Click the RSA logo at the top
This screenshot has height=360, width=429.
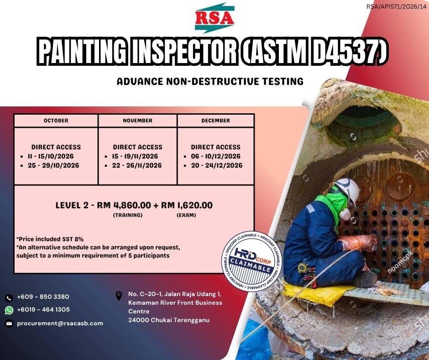214,18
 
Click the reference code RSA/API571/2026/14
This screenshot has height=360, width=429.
397,6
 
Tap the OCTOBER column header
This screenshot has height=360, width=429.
56,121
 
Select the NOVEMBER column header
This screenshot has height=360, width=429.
138,121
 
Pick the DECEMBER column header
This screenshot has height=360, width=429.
215,121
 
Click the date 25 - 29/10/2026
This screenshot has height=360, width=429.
53,165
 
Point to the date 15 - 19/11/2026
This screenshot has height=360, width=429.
135,156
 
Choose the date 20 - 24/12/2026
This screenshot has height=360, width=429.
217,165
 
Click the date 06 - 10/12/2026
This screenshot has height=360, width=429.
215,156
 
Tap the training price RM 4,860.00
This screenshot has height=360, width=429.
124,205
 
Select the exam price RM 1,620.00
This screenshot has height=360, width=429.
187,205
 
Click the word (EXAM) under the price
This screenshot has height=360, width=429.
186,215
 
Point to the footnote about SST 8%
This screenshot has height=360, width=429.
50,239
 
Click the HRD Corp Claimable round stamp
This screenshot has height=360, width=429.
251,261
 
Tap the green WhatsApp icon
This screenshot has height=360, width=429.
9,310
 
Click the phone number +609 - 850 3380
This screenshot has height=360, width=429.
43,296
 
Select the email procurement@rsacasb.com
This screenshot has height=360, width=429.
60,323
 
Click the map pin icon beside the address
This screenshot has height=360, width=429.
119,296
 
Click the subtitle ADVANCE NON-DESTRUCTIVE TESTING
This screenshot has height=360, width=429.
210,81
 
